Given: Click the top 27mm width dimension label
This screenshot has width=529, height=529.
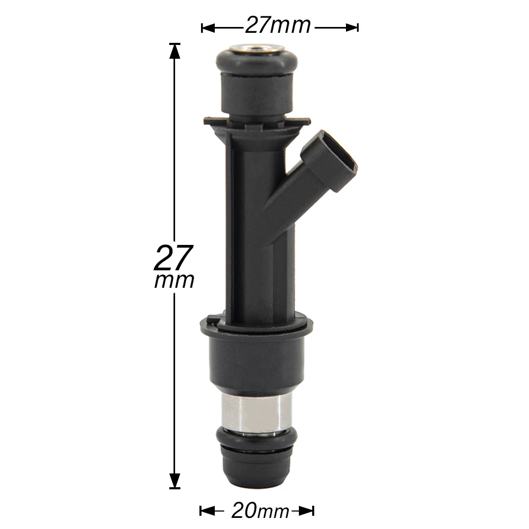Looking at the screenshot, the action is coord(277,25).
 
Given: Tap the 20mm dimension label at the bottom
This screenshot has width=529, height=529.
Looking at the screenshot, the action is coord(260,511).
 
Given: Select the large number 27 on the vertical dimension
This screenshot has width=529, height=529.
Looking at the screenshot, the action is coord(174,258).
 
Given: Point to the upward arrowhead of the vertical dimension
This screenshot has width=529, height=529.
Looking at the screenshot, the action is coord(175,51).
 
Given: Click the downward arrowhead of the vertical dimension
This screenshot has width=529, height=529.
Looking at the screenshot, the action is coord(175,481).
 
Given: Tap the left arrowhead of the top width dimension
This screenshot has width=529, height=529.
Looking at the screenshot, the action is coord(208,28).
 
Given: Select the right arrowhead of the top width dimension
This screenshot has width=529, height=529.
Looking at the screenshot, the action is coord(352,28).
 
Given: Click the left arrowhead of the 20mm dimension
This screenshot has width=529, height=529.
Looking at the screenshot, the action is coord(206,511).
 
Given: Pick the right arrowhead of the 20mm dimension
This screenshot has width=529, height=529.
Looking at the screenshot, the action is coord(307,511).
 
